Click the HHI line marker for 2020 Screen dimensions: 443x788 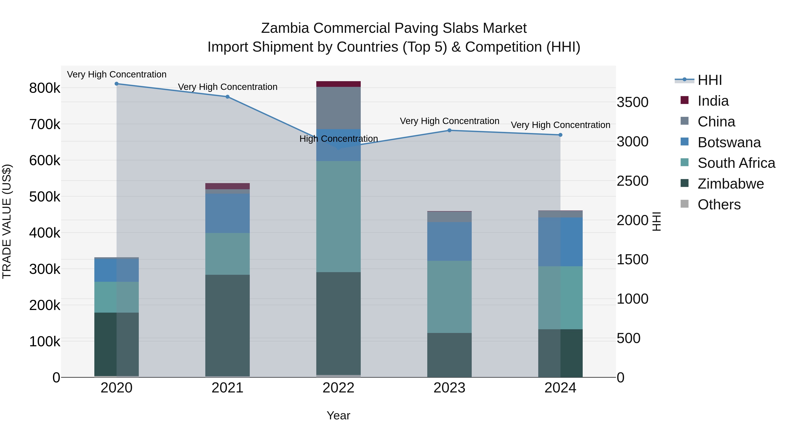(116, 84)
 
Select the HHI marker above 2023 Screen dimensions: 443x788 (449, 131)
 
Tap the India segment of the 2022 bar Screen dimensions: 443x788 (338, 84)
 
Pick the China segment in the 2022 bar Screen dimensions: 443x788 (338, 108)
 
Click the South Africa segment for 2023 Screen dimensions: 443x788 (449, 297)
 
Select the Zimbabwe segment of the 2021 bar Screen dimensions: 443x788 (227, 326)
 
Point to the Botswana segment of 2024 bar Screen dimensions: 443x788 (560, 242)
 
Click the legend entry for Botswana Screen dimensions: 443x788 (729, 142)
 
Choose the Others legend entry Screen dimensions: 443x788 (719, 205)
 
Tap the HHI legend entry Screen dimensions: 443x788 (710, 80)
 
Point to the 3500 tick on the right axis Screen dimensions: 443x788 (632, 102)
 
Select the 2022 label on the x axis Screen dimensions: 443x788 (338, 388)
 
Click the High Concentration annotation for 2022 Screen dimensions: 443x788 (338, 139)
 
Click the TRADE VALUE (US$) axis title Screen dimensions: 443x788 (7, 221)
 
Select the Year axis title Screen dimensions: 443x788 (338, 415)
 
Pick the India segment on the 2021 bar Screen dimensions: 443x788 (227, 186)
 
